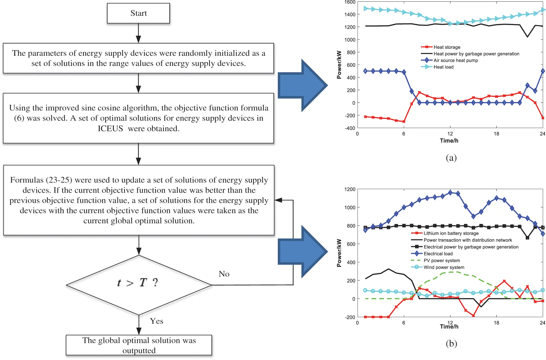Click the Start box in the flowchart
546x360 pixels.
click(138, 13)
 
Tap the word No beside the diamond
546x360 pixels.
click(224, 274)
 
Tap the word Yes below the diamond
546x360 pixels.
click(156, 321)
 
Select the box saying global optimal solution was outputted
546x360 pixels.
click(139, 345)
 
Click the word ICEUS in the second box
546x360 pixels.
click(110, 128)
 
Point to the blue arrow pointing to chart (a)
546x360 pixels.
click(303, 85)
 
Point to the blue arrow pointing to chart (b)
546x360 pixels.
click(303, 252)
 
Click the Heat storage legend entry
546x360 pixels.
click(446, 47)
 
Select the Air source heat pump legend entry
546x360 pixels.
click(455, 60)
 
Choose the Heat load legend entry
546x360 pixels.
click(443, 67)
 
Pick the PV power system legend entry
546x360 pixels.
click(442, 261)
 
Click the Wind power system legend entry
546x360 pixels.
click(444, 267)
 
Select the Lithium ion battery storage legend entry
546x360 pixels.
click(451, 233)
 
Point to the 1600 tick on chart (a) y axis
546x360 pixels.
click(350, 2)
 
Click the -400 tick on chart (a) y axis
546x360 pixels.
click(350, 128)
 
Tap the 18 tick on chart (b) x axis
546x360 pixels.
click(496, 323)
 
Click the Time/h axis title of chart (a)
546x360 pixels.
click(449, 141)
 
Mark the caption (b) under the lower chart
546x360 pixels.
click(451, 343)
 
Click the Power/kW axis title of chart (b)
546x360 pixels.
click(339, 253)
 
